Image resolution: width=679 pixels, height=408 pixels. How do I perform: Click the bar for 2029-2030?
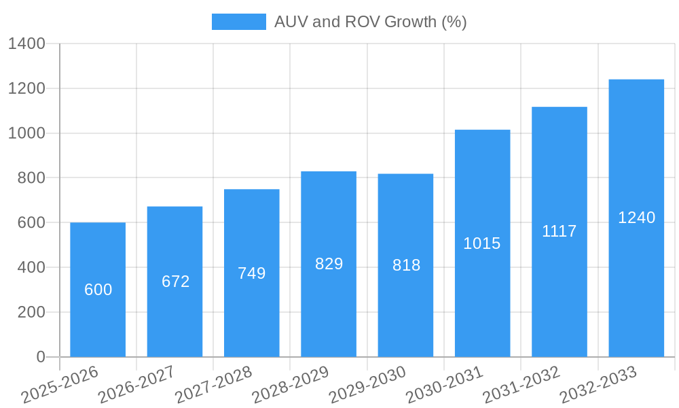point(405,313)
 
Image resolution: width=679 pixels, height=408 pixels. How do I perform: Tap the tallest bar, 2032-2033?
point(636,286)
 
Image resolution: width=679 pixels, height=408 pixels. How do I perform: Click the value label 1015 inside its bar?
point(482,243)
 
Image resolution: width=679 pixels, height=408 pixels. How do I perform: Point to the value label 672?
point(175,282)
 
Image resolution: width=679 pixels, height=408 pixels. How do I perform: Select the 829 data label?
point(329,264)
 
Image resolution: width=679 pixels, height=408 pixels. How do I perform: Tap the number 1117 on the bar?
point(559,231)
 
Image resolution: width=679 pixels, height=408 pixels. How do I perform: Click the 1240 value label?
point(636,218)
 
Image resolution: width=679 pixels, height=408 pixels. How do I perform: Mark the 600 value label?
point(98,290)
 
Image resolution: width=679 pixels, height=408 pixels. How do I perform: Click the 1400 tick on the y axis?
point(26,44)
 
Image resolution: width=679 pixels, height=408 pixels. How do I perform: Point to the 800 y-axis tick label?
point(31,178)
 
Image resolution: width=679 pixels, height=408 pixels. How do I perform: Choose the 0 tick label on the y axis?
point(40,357)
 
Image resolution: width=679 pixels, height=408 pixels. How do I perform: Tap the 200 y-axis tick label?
point(31,312)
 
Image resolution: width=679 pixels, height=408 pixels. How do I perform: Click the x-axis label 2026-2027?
point(136,384)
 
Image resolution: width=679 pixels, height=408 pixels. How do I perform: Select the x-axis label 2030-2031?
point(444,384)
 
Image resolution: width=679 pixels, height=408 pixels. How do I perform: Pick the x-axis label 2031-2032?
point(521,384)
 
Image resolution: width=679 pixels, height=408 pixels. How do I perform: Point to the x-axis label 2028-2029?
point(290,384)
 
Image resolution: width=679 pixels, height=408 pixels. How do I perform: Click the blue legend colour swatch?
point(238,22)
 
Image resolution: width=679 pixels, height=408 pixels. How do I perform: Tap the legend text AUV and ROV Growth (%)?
point(370,22)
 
